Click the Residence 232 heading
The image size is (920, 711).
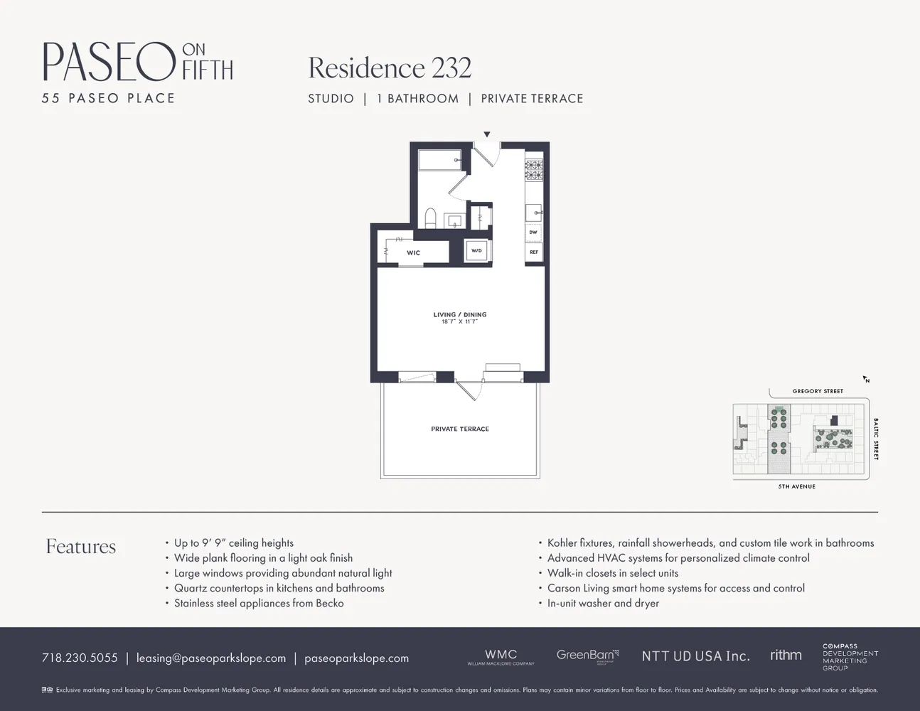(390, 68)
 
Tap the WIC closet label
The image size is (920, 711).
(413, 252)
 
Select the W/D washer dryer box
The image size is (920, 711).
(476, 250)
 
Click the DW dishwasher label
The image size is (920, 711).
(533, 232)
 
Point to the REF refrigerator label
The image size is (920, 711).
(533, 252)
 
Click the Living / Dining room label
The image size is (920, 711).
(460, 314)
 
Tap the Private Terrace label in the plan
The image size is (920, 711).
(460, 429)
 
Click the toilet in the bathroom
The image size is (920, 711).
(429, 217)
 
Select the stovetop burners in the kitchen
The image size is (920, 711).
(533, 169)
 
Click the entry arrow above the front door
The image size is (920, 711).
(487, 134)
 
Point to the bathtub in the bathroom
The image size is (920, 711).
(439, 160)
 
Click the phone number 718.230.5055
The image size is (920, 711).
(80, 658)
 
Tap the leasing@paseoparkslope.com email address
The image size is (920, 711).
(211, 658)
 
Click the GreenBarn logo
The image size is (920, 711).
(587, 655)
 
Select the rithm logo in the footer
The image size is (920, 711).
(786, 655)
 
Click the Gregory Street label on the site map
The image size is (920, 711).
(818, 391)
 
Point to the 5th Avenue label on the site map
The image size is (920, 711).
(796, 486)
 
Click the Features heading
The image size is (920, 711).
(81, 546)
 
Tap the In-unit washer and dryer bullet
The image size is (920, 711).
(603, 603)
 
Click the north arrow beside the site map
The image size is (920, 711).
(866, 380)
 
